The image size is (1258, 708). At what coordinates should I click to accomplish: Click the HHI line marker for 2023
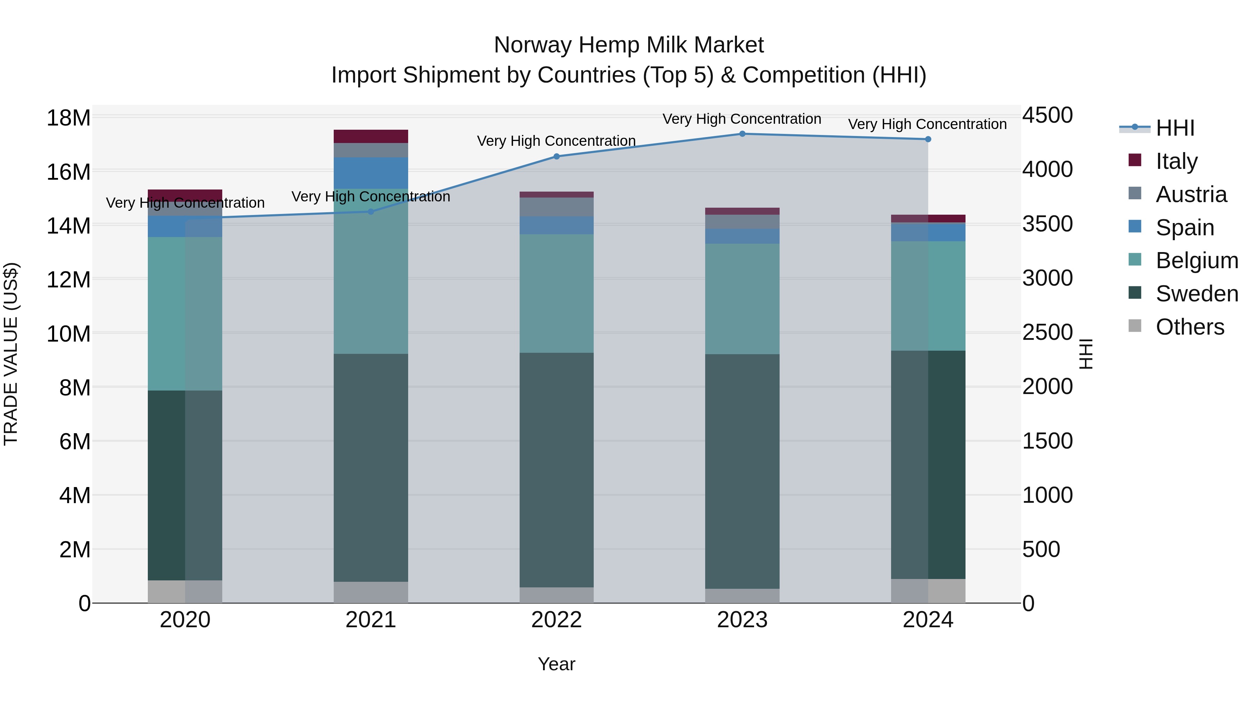coord(742,134)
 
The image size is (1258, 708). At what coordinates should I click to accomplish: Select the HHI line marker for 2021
coord(371,212)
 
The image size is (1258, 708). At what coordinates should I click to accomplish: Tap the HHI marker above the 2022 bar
coord(556,156)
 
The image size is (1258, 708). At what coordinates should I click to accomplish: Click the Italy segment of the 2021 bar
coord(371,136)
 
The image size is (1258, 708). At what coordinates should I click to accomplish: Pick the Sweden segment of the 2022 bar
coord(556,470)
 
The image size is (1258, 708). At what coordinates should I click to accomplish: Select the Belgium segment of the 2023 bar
coord(742,299)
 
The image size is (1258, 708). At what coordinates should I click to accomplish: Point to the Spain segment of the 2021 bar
coord(371,173)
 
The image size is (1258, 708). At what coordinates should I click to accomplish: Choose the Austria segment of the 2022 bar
coord(556,207)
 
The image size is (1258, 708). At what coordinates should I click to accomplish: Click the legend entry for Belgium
coord(1196,260)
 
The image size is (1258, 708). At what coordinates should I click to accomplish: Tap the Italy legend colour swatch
coord(1135,160)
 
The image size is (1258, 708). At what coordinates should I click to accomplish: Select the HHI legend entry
coord(1174,128)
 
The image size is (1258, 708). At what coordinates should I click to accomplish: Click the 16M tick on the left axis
coord(68,172)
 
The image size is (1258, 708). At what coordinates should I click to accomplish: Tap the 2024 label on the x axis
coord(927,620)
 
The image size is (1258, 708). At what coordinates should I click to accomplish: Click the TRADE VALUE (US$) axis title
coord(11,354)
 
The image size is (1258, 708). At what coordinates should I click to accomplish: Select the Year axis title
coord(556,664)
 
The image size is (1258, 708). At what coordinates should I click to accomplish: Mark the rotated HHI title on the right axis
coord(1086,354)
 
